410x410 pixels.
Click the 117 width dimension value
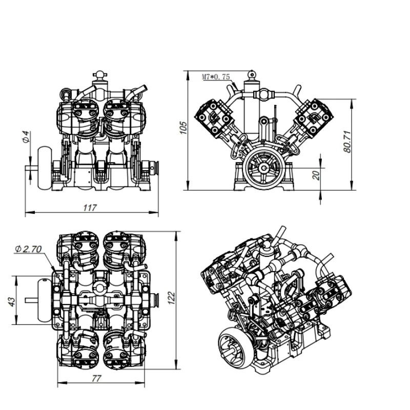point(90,208)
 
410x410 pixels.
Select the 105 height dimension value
point(184,128)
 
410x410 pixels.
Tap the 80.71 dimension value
point(347,141)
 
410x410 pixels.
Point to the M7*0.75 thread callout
point(216,77)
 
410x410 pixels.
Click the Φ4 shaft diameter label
point(26,137)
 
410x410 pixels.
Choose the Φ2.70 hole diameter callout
point(28,249)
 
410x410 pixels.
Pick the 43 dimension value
point(12,301)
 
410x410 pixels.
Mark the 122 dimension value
point(171,298)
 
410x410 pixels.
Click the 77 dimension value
point(96,378)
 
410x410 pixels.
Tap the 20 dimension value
point(316,175)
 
